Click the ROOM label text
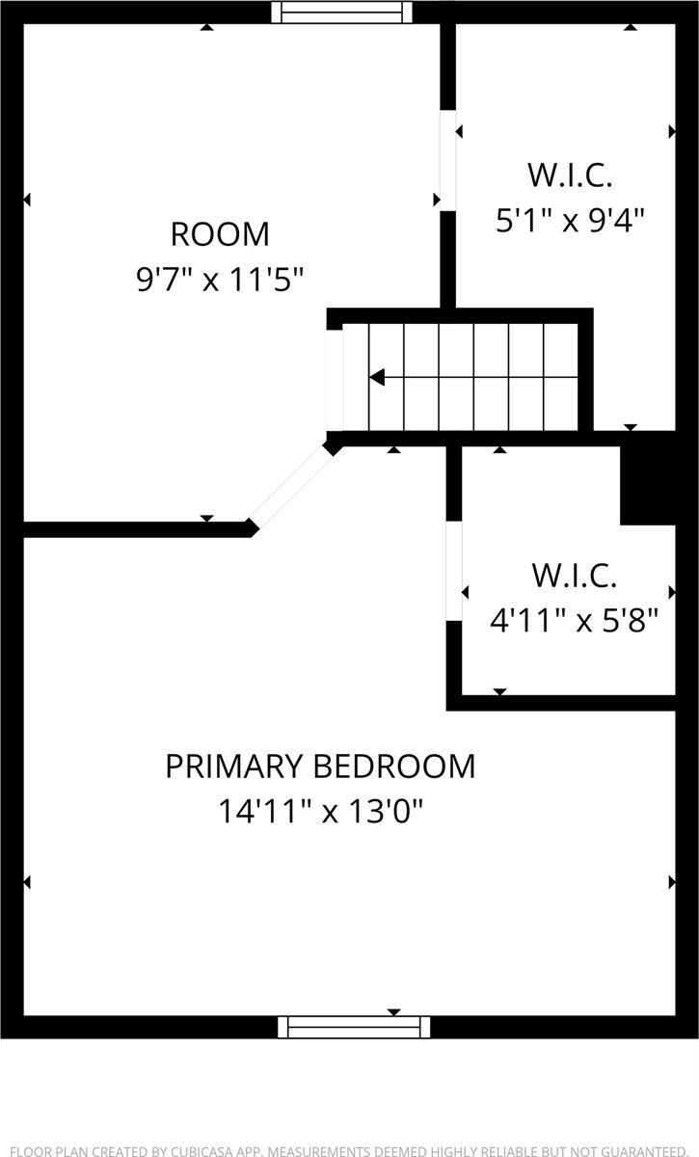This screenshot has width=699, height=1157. click(220, 234)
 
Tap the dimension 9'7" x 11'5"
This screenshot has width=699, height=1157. click(220, 280)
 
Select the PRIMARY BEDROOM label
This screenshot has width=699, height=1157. click(320, 766)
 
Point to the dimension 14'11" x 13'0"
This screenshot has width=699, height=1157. click(320, 812)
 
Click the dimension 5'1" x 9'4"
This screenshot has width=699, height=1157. click(570, 222)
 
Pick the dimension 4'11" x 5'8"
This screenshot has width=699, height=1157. click(574, 620)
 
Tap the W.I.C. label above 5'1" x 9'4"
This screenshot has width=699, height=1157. click(570, 175)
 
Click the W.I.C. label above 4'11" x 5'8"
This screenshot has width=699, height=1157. click(574, 576)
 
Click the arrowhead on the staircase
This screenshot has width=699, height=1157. click(378, 377)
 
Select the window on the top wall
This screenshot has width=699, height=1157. click(341, 12)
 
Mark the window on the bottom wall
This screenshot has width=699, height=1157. click(354, 1027)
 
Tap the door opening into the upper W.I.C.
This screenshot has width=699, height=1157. click(447, 160)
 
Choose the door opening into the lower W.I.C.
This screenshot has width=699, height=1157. click(454, 571)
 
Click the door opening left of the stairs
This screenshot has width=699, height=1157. click(335, 380)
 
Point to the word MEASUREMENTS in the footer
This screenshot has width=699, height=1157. click(321, 1151)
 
